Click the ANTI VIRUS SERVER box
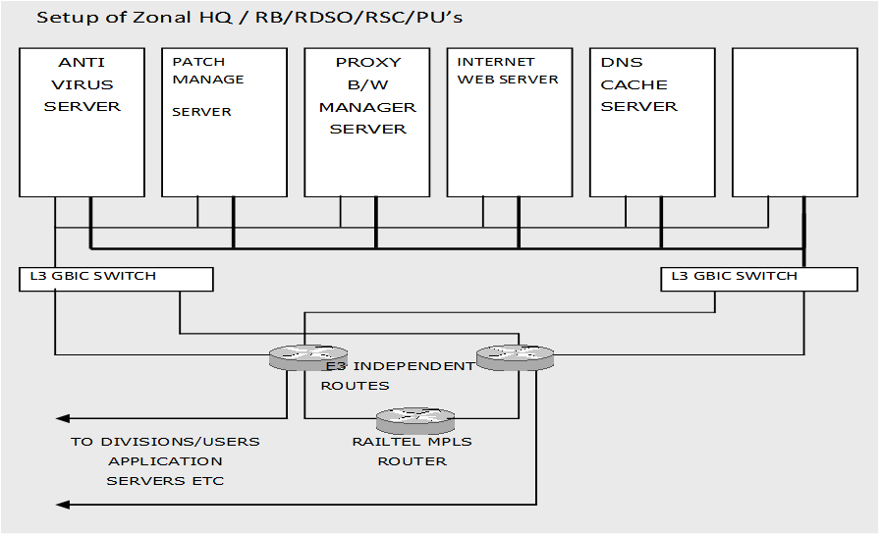click(x=83, y=123)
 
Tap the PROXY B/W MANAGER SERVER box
click(x=368, y=123)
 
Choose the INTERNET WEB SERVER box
click(x=510, y=123)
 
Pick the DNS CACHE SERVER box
click(x=652, y=123)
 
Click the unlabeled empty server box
click(x=795, y=123)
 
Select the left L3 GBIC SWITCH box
click(x=116, y=279)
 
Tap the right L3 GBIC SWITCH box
click(x=758, y=279)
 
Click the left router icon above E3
click(x=307, y=358)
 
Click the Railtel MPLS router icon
click(x=415, y=420)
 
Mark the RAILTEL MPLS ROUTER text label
click(x=412, y=451)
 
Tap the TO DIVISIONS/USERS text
click(x=165, y=442)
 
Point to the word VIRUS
click(x=83, y=84)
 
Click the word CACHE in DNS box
click(x=634, y=84)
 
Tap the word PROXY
click(x=368, y=62)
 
